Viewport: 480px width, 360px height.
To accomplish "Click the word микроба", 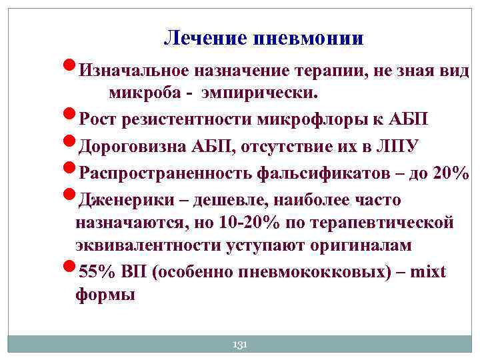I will (140, 91).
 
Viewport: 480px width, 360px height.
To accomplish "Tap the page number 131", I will (239, 344).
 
